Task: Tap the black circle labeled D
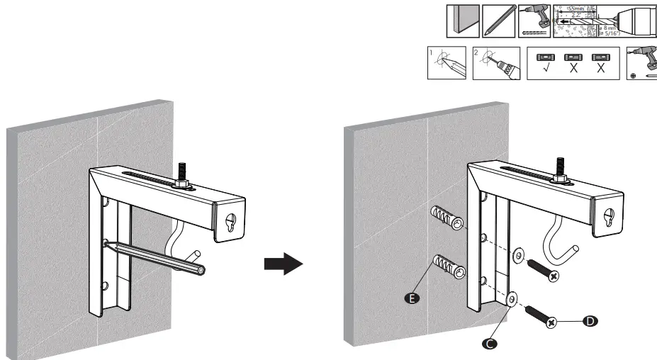click(590, 321)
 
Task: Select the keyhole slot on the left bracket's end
click(230, 220)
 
